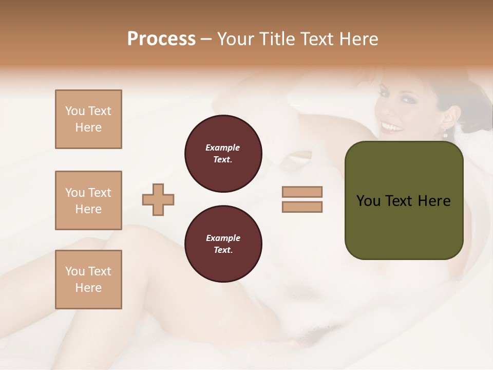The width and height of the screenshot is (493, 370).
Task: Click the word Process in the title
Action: click(161, 39)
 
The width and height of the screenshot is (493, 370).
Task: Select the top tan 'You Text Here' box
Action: click(88, 119)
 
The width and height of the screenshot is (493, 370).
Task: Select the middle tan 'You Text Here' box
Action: click(88, 200)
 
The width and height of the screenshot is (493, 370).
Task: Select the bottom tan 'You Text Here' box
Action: click(88, 280)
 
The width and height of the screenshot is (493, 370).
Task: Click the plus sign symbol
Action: click(158, 199)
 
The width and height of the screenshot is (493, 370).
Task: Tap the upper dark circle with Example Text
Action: click(223, 153)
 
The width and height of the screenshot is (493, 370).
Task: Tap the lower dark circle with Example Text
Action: click(223, 244)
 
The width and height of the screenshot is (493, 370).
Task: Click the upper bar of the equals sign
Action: click(302, 192)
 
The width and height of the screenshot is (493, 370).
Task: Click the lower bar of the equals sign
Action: click(302, 207)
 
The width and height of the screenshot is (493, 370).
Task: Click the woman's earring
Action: click(445, 135)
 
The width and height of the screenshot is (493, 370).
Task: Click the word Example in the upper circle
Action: click(223, 147)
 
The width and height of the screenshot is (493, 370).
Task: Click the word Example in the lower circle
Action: click(223, 238)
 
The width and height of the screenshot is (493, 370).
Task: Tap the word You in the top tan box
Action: click(75, 111)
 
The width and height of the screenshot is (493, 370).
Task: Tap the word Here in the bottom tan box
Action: click(88, 288)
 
